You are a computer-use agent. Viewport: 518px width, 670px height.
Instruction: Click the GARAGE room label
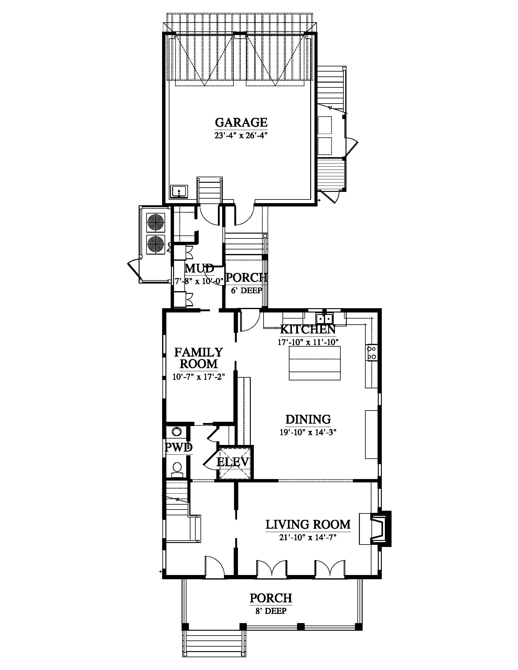[x=241, y=122]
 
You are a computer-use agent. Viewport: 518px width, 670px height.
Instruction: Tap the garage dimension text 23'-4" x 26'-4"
[x=241, y=135]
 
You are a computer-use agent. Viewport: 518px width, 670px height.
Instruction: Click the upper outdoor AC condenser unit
[x=157, y=223]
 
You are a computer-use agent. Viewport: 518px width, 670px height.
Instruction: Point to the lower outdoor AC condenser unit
[x=157, y=245]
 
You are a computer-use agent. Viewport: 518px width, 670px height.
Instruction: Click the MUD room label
[x=199, y=269]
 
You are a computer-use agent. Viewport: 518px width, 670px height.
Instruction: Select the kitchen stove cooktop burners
[x=372, y=353]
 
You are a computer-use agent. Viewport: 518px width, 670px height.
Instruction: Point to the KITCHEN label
[x=308, y=329]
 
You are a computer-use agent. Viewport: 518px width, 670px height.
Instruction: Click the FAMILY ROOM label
[x=199, y=358]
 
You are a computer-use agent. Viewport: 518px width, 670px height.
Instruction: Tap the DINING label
[x=308, y=419]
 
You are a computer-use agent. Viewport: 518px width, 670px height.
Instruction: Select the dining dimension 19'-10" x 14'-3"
[x=308, y=432]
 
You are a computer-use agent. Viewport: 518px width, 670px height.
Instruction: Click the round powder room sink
[x=176, y=432]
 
